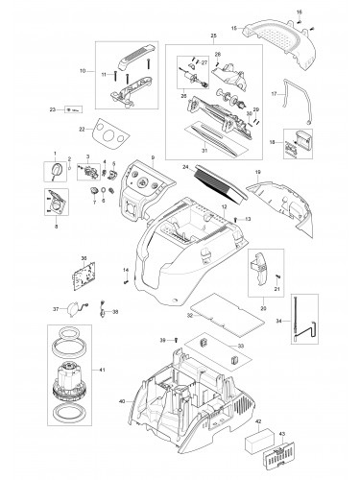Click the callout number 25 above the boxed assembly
pyautogui.click(x=200, y=36)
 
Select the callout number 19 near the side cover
pyautogui.click(x=256, y=172)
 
